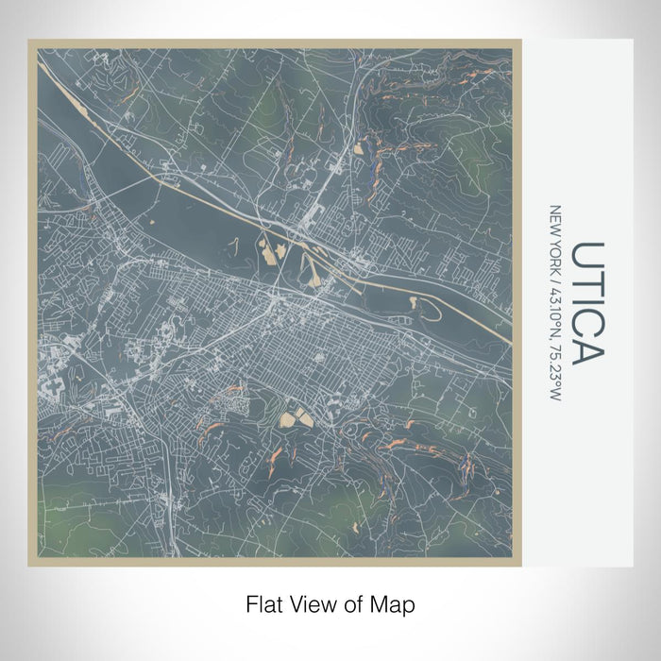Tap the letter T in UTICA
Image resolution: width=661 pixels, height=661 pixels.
tap(587, 281)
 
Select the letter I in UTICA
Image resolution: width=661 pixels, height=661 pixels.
tap(587, 299)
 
